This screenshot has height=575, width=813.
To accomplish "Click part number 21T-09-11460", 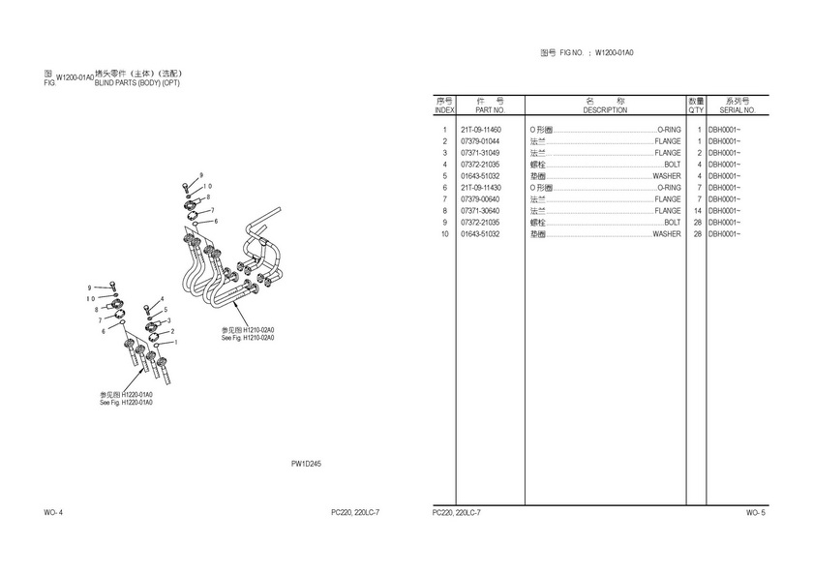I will click(481, 130).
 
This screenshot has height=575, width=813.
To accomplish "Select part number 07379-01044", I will click(481, 141).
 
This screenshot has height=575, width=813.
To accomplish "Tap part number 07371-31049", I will click(481, 153).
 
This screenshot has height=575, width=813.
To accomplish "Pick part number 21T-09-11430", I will click(481, 188).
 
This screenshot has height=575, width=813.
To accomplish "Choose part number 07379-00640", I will click(481, 199).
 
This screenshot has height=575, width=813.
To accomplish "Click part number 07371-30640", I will click(481, 211).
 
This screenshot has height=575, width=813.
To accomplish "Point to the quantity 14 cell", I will click(697, 211).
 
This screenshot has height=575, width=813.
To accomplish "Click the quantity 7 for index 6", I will click(699, 188).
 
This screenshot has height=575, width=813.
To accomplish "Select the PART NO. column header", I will click(491, 110).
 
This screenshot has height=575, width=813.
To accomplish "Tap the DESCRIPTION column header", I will click(605, 110).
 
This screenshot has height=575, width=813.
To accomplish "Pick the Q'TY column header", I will click(697, 110).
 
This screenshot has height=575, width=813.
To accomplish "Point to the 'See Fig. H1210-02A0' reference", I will click(248, 338).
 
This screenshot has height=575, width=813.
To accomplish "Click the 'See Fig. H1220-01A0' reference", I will click(126, 402).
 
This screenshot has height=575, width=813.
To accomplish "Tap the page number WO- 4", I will click(53, 512).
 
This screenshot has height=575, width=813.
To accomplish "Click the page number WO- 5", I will click(755, 512).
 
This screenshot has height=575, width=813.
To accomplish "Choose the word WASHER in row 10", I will click(666, 234).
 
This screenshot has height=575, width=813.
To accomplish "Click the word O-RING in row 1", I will click(669, 130).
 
